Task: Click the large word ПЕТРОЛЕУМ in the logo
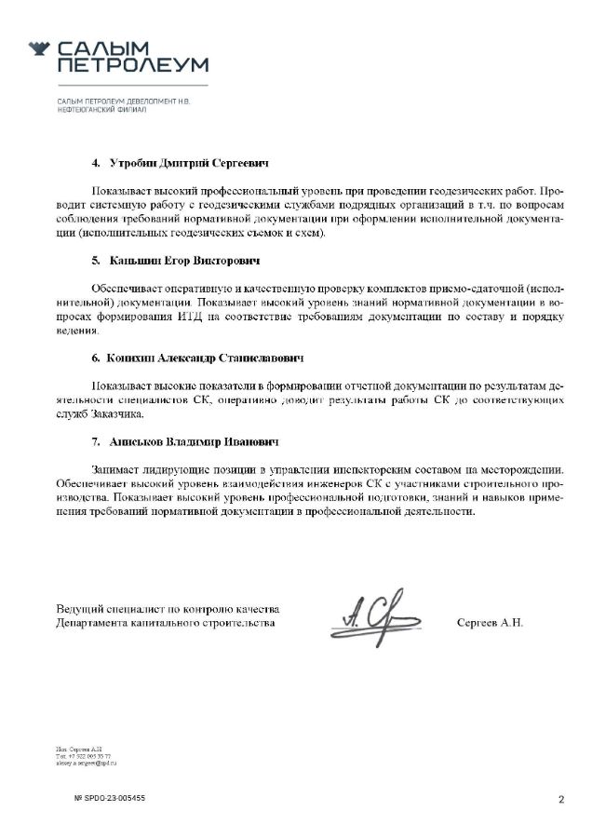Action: [132, 64]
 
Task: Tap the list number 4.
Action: [96, 163]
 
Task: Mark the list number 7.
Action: [96, 440]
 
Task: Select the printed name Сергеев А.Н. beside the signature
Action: [491, 622]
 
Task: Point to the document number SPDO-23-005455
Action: [110, 798]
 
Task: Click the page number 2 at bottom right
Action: [561, 799]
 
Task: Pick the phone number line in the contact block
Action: [84, 756]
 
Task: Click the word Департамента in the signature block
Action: [96, 622]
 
